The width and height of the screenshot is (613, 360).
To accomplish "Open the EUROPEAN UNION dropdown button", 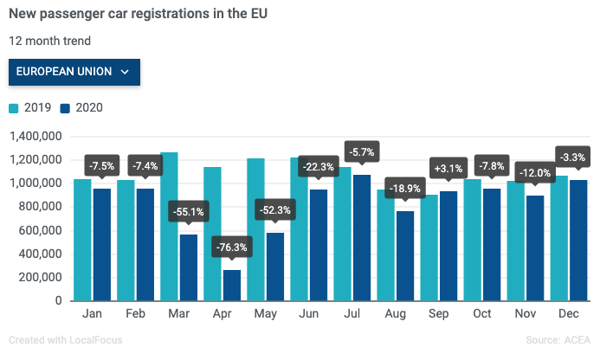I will coord(74,72).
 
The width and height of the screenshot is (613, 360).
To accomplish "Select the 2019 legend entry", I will coord(30,108).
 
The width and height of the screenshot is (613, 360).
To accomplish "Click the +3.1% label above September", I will coord(448,167).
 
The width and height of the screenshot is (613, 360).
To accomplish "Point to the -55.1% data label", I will coord(188,210).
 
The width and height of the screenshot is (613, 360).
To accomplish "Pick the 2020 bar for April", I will coord(231,285).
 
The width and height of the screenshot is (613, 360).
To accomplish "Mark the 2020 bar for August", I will coord(405,256).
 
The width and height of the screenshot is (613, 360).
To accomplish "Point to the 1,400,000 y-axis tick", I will coord(34,136).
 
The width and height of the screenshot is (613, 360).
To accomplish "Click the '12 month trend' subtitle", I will coord(49,41).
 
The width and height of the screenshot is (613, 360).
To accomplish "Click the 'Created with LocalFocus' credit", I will coord(65,340).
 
